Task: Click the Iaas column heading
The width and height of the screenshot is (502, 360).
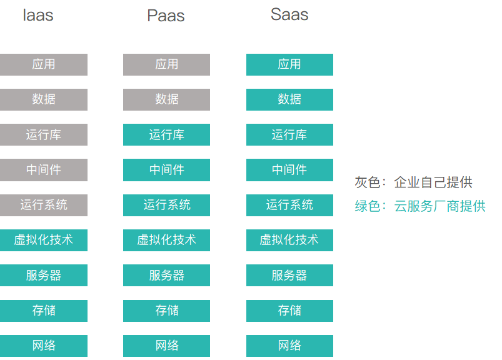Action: (38, 16)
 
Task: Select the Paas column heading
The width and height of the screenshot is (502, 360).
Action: (166, 16)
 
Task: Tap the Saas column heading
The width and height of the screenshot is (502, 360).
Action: (289, 14)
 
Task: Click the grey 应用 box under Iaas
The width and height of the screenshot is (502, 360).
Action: (44, 64)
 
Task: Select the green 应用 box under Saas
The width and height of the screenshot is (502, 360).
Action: (289, 64)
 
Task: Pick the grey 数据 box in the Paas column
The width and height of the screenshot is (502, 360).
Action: (166, 99)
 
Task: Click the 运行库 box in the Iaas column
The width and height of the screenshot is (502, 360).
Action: (44, 134)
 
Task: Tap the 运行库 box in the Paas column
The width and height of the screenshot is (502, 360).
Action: (166, 134)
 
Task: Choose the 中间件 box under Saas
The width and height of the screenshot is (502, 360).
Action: (289, 170)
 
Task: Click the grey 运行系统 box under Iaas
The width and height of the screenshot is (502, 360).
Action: (44, 205)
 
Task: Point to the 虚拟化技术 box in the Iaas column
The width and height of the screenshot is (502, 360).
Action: (44, 240)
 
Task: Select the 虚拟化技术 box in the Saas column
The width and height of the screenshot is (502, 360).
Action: (289, 240)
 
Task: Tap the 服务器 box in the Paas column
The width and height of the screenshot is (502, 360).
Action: (166, 276)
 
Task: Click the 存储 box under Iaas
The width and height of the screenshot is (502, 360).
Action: (44, 311)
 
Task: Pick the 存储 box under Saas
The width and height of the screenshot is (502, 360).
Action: (289, 311)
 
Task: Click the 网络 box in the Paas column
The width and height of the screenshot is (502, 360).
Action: (166, 346)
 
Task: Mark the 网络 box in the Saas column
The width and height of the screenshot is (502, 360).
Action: (289, 346)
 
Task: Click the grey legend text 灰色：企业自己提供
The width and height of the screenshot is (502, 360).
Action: (413, 182)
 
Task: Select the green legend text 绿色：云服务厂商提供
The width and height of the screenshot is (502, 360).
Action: (419, 206)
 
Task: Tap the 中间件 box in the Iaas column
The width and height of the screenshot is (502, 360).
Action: (44, 170)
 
